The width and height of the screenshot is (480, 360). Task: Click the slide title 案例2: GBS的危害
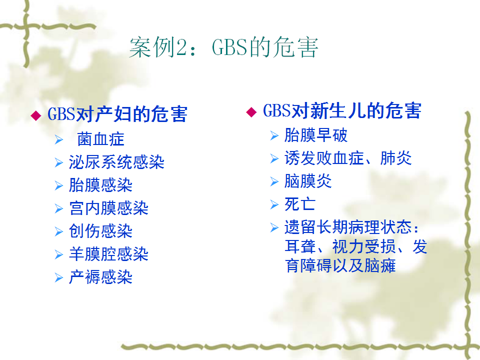click(224, 47)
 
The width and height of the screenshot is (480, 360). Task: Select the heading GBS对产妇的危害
click(117, 114)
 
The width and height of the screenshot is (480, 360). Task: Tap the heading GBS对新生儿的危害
click(342, 110)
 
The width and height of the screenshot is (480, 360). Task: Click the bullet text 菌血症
click(100, 139)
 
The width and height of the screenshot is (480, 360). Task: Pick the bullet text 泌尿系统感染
click(116, 162)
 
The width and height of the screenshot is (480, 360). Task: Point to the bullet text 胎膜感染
click(100, 185)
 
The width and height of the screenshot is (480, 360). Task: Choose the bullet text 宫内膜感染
click(108, 208)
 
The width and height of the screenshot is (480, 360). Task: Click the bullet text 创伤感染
click(100, 231)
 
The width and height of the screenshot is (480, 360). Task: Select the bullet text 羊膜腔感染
click(108, 254)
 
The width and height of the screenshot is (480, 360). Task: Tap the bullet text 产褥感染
click(100, 277)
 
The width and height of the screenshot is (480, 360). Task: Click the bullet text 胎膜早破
click(316, 135)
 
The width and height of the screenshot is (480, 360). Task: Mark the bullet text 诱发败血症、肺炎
click(348, 158)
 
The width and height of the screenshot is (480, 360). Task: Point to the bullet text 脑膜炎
click(308, 181)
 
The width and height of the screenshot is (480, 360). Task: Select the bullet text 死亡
click(300, 204)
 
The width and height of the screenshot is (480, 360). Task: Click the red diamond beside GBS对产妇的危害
click(36, 115)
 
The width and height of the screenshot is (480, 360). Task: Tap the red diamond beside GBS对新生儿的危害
click(251, 112)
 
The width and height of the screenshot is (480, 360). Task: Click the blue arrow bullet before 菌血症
click(59, 139)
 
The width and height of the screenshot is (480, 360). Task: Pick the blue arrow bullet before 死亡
click(274, 204)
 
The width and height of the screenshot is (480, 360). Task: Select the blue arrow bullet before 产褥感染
click(59, 277)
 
